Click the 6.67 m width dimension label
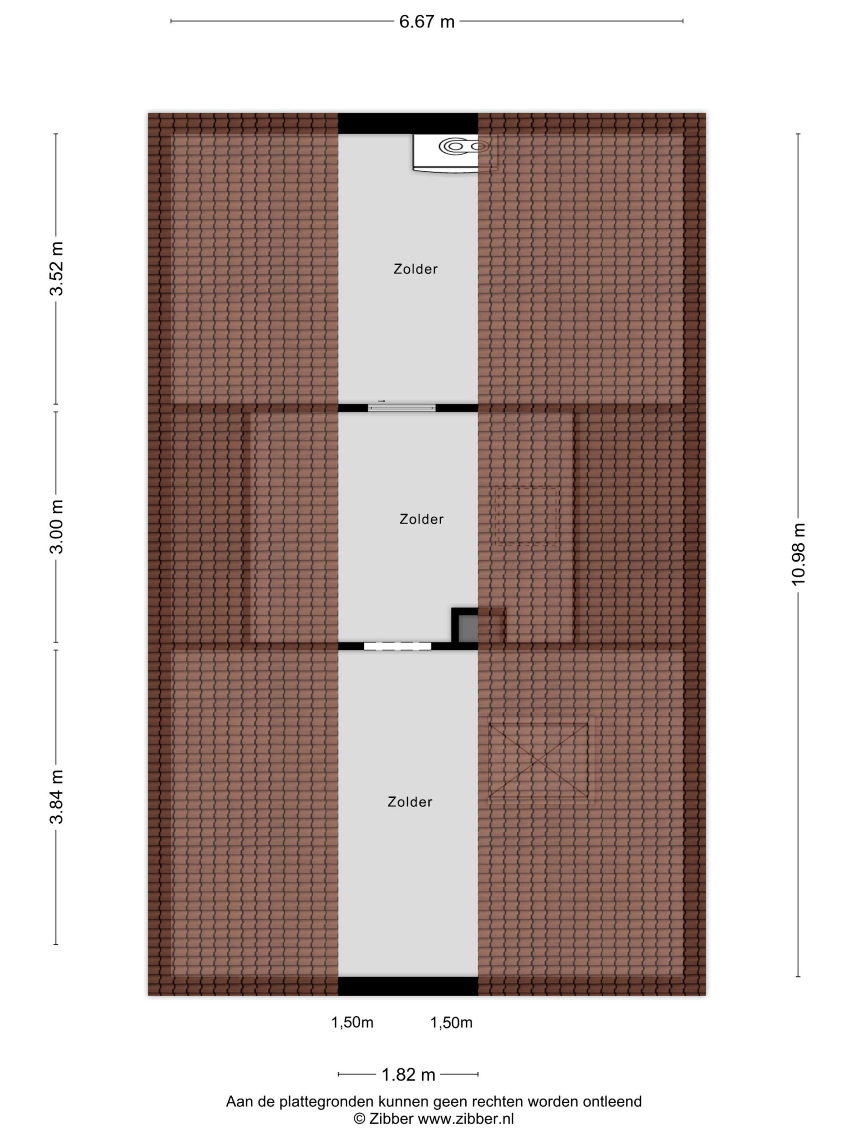coord(427,22)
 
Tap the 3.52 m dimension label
coord(56,268)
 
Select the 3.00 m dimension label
coord(56,526)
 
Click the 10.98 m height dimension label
coord(798,554)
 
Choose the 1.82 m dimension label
coord(408,1074)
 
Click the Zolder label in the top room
coord(415,269)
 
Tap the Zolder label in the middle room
coord(422,519)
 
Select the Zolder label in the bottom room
coord(410,802)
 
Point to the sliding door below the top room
coord(402,408)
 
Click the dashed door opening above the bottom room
coord(397,646)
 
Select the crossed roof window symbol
coord(539,760)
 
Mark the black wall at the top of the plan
coord(408,123)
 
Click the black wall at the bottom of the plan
coord(408,986)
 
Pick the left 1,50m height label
coord(352,1022)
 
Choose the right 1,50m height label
coord(451,1022)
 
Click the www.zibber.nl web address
coord(466,1119)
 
